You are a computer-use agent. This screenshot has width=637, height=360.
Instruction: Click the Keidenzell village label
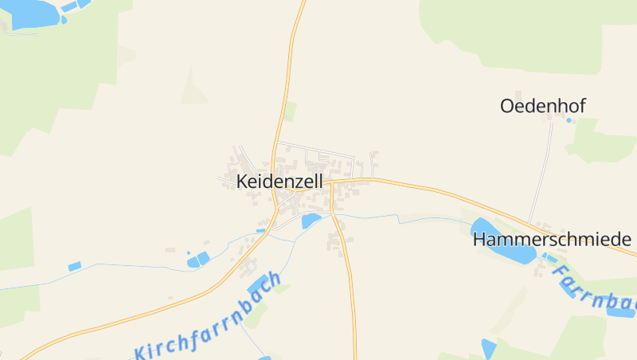(x=279, y=182)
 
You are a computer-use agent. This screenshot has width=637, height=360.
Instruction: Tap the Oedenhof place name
(x=542, y=105)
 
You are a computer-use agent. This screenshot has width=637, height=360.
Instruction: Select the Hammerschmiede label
(x=551, y=239)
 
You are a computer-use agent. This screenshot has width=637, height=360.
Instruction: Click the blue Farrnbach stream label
(x=596, y=291)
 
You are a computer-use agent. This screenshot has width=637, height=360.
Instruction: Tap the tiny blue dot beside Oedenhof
(x=569, y=120)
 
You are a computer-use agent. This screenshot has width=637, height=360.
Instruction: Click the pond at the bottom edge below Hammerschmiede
(x=488, y=349)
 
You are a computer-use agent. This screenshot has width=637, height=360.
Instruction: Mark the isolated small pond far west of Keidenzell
(x=75, y=266)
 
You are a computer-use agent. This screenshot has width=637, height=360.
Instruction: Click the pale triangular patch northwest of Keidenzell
(x=193, y=89)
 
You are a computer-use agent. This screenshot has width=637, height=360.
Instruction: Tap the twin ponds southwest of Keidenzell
(x=197, y=259)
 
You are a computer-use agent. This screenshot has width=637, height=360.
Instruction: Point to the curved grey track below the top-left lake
(x=24, y=32)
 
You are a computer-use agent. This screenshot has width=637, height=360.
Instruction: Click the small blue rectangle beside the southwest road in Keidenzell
(x=260, y=230)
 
